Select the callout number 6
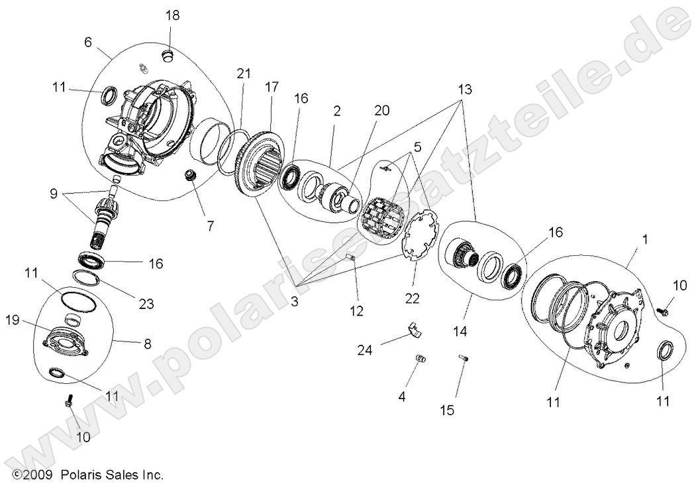coord(87,41)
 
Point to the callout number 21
coord(244,74)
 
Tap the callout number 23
coord(146,304)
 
